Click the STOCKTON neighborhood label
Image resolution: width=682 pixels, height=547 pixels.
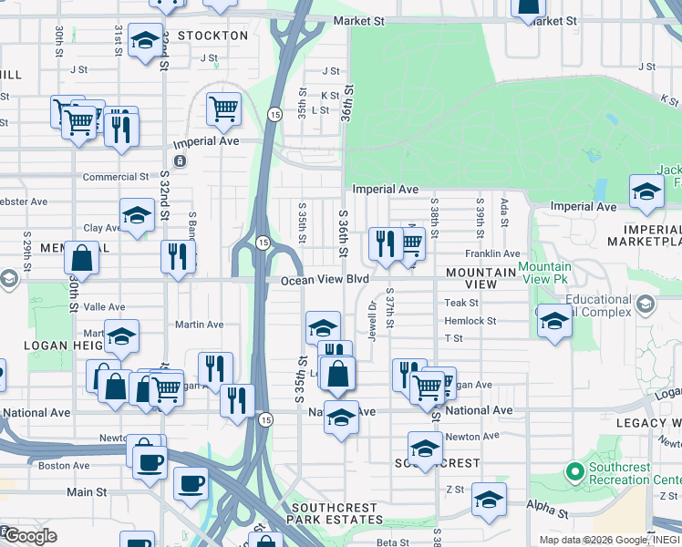coord(212,36)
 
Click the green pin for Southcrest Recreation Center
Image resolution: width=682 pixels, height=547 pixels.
coord(574,472)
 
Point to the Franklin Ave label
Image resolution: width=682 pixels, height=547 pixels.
coord(492,254)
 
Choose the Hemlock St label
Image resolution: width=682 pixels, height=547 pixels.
coord(470,321)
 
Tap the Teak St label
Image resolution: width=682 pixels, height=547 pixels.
coord(460,303)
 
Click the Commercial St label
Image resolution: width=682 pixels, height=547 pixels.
coord(116,177)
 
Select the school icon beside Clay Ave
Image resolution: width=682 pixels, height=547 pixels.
coord(137,215)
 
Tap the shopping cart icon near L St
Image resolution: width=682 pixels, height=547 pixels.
coord(223,109)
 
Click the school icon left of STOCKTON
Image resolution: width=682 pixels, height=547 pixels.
coord(145,40)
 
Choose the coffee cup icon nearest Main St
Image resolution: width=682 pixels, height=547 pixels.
coord(191,482)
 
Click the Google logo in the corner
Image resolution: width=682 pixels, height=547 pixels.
coord(29,536)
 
